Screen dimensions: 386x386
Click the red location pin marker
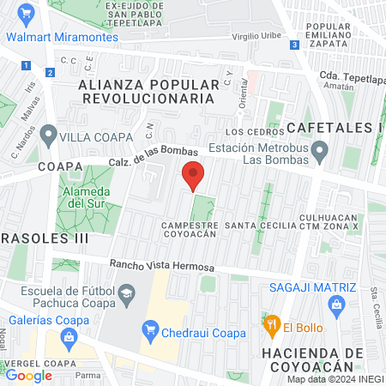[194, 175]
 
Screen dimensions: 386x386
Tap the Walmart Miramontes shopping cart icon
[25, 14]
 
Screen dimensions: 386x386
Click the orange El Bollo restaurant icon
[272, 325]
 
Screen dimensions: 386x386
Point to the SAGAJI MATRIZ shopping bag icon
[337, 305]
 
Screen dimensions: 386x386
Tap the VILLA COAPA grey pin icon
[48, 136]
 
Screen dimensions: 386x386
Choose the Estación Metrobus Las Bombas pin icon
[321, 154]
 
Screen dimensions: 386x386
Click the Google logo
[28, 376]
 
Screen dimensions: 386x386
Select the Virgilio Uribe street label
[257, 38]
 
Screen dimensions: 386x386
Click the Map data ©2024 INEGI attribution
[334, 379]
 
